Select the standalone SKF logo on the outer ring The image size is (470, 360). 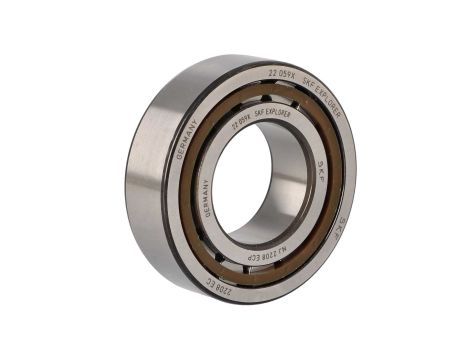point(341,231)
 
